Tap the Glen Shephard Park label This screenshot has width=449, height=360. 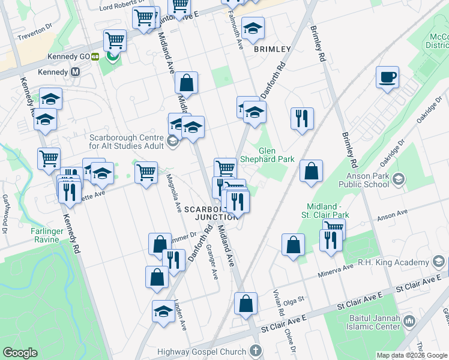267,155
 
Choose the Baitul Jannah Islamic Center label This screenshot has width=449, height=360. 373,322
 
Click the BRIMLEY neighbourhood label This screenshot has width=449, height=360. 272,49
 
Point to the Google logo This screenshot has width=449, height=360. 21,352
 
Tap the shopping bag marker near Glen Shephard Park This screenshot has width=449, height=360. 311,171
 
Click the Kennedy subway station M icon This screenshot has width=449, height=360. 76,71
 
